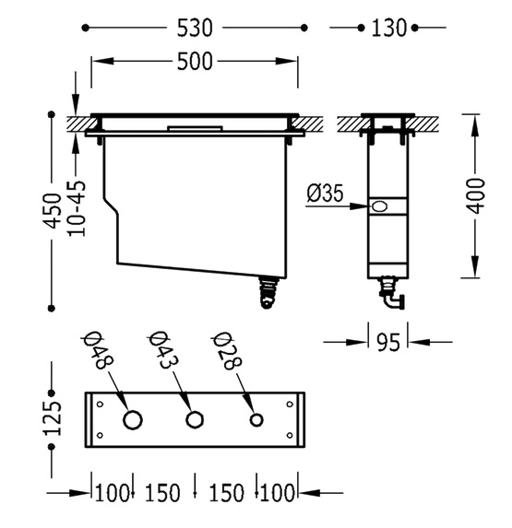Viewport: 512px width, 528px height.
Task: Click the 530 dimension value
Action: [195, 28]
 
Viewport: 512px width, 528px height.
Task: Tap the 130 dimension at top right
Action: [388, 28]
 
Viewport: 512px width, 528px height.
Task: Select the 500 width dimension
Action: [195, 62]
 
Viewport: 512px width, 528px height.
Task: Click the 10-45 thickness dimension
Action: [77, 209]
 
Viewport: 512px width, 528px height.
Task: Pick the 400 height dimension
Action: [475, 196]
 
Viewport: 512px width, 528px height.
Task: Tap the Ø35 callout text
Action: [325, 193]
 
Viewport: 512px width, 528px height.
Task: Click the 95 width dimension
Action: [388, 343]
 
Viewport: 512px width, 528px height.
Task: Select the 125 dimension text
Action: [54, 418]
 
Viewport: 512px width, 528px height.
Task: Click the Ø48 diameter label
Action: [99, 351]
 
